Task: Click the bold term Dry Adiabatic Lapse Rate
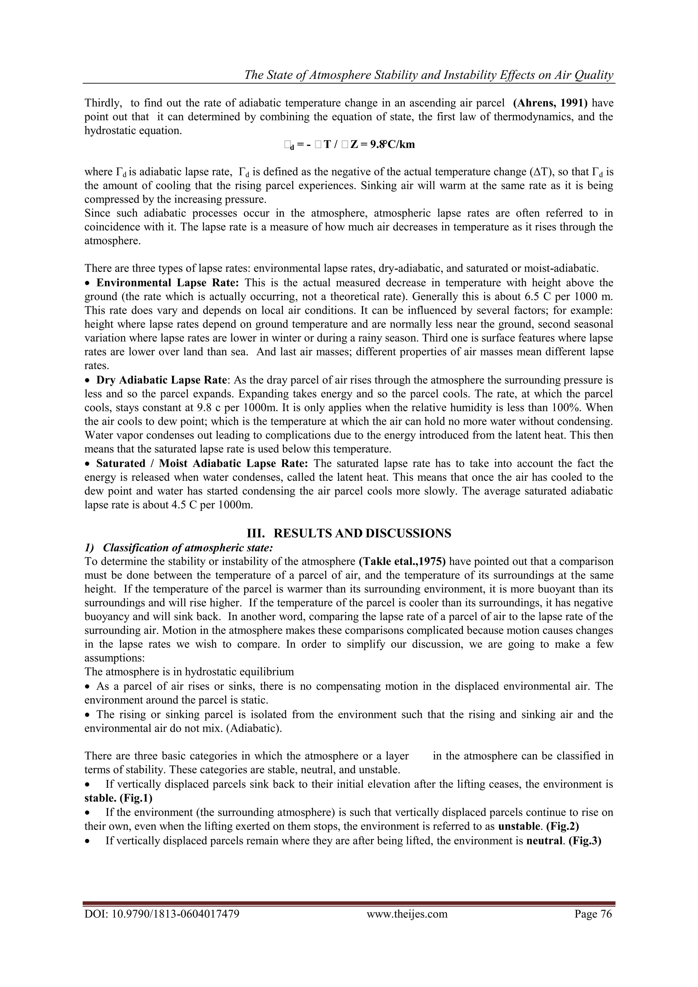pyautogui.click(x=161, y=380)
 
